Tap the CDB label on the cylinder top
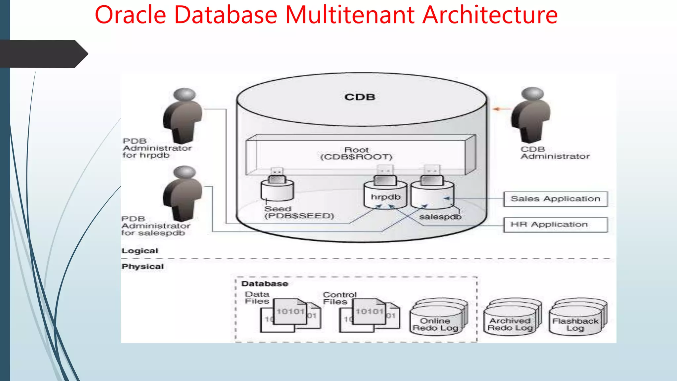[x=360, y=97]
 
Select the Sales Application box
[x=555, y=199]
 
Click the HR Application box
[x=555, y=225]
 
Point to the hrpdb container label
[x=385, y=197]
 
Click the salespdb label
[x=440, y=217]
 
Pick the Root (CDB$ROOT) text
[x=356, y=153]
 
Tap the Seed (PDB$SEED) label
[x=299, y=212]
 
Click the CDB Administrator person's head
[x=533, y=94]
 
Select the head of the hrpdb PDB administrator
[x=184, y=94]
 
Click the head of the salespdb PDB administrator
[x=184, y=172]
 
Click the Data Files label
[x=257, y=298]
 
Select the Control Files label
[x=339, y=298]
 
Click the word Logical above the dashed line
[x=140, y=251]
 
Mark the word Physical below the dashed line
[x=142, y=267]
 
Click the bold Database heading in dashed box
[x=264, y=284]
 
